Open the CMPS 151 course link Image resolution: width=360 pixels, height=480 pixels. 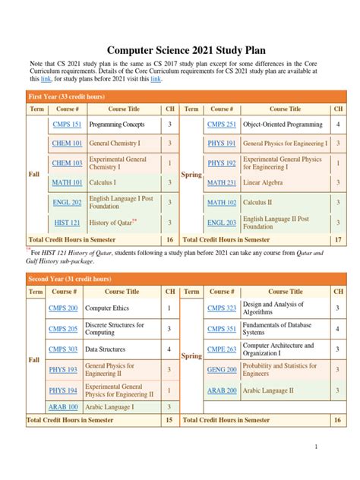(x=66, y=124)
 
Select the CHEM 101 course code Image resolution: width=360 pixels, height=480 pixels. (x=66, y=143)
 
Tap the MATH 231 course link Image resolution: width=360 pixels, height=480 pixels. (x=222, y=183)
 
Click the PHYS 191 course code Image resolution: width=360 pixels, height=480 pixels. (x=222, y=143)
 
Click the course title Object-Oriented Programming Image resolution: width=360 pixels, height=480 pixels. (x=283, y=124)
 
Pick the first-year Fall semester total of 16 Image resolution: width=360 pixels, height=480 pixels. (x=170, y=239)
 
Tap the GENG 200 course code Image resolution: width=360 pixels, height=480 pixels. (x=222, y=369)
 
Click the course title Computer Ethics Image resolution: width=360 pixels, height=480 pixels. (x=107, y=309)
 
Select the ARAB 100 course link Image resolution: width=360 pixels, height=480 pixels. (x=63, y=407)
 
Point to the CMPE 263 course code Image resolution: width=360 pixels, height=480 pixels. (x=222, y=349)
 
